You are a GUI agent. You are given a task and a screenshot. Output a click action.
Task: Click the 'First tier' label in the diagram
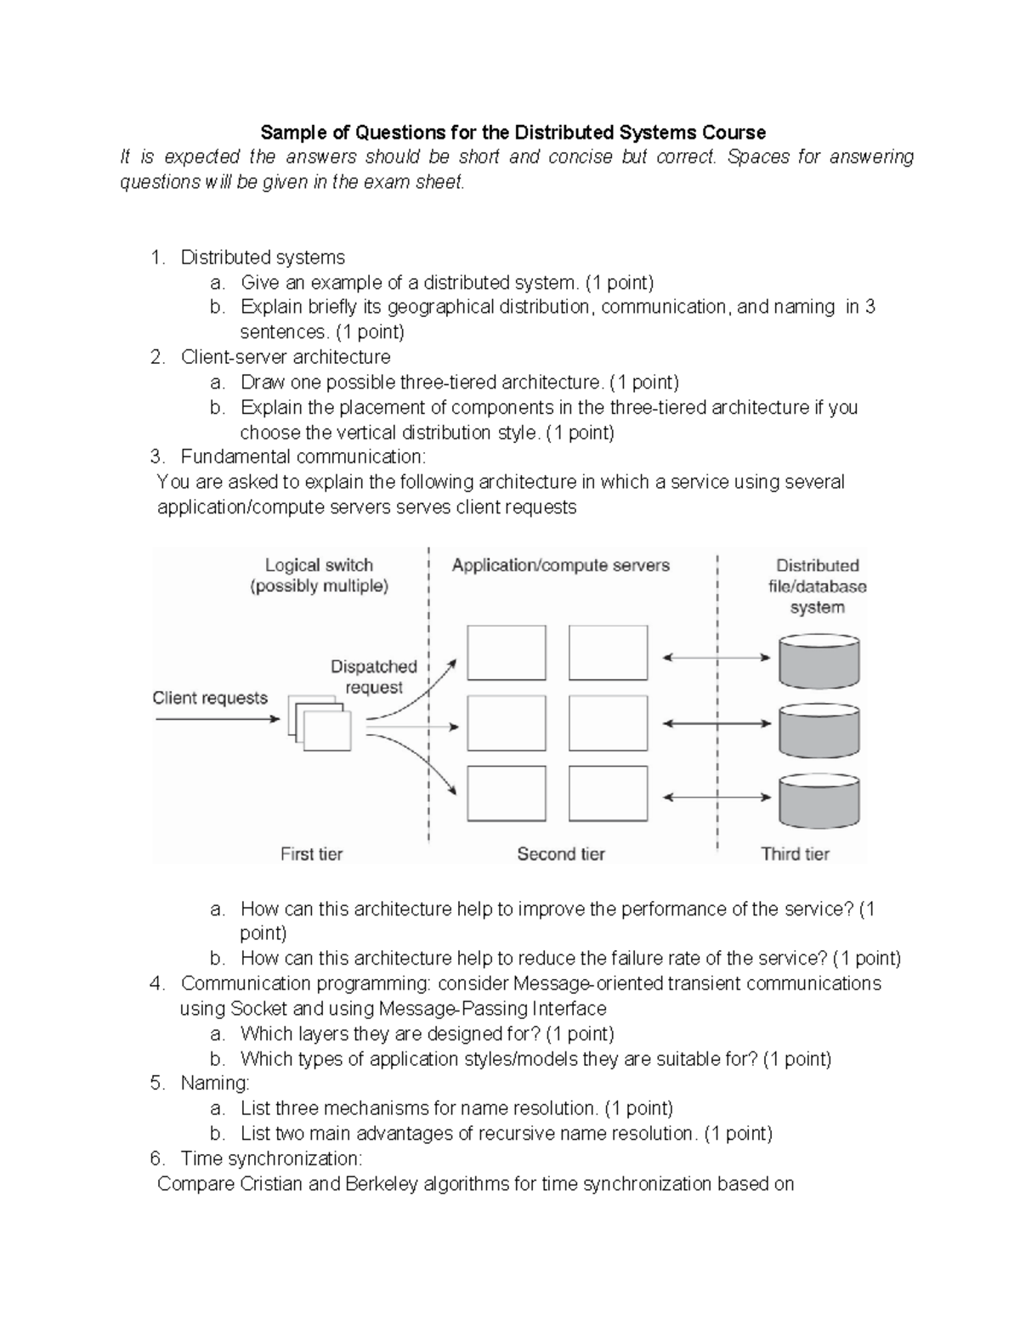(x=311, y=853)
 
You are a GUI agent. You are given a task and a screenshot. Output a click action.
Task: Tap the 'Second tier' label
(x=561, y=853)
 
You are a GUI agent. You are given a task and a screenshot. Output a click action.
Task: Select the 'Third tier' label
(x=795, y=853)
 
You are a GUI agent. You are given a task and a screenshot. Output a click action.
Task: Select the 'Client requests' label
(x=210, y=698)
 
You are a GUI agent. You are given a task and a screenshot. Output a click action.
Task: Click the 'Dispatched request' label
(x=374, y=677)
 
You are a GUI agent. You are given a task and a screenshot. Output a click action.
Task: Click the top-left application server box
(x=507, y=653)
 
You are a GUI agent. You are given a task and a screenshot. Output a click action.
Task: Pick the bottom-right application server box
(x=608, y=793)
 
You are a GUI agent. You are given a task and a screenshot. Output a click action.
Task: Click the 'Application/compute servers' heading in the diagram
(x=561, y=565)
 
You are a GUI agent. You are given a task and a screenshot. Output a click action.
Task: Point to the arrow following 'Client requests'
(x=218, y=719)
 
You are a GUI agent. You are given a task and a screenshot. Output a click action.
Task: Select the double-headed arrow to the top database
(x=716, y=657)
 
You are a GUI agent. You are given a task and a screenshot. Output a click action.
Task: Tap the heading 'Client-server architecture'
(x=286, y=357)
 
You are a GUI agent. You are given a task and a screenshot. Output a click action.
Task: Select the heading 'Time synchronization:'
(x=271, y=1159)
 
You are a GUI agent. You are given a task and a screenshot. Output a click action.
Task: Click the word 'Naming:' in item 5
(x=215, y=1083)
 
